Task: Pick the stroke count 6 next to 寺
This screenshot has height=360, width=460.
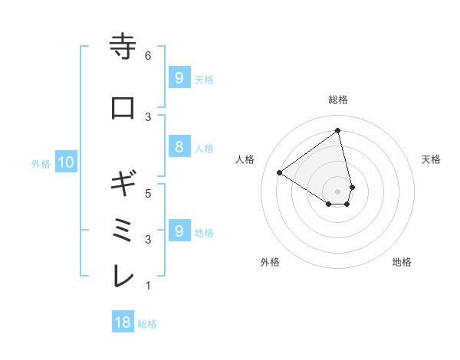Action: coord(148,56)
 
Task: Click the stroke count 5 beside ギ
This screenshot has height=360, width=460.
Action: coord(148,193)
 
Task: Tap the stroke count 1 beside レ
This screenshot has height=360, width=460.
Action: coord(148,286)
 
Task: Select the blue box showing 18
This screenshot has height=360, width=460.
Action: coord(123,322)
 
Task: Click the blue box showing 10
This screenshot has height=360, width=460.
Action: coord(65,162)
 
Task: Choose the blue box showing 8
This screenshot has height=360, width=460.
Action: coord(179,148)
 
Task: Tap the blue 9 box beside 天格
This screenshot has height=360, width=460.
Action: coord(179,78)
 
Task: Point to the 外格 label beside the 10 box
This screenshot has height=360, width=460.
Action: coord(41,163)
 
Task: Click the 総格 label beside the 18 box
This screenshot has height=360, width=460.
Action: coord(147,324)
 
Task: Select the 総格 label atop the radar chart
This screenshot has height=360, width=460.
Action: coord(338,100)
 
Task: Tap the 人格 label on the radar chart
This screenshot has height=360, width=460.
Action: coord(245,159)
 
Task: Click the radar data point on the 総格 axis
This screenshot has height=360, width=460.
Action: coord(338,131)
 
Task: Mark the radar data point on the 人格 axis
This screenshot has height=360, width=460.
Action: coord(280,172)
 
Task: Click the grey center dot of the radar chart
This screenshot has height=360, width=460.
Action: coord(338,191)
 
